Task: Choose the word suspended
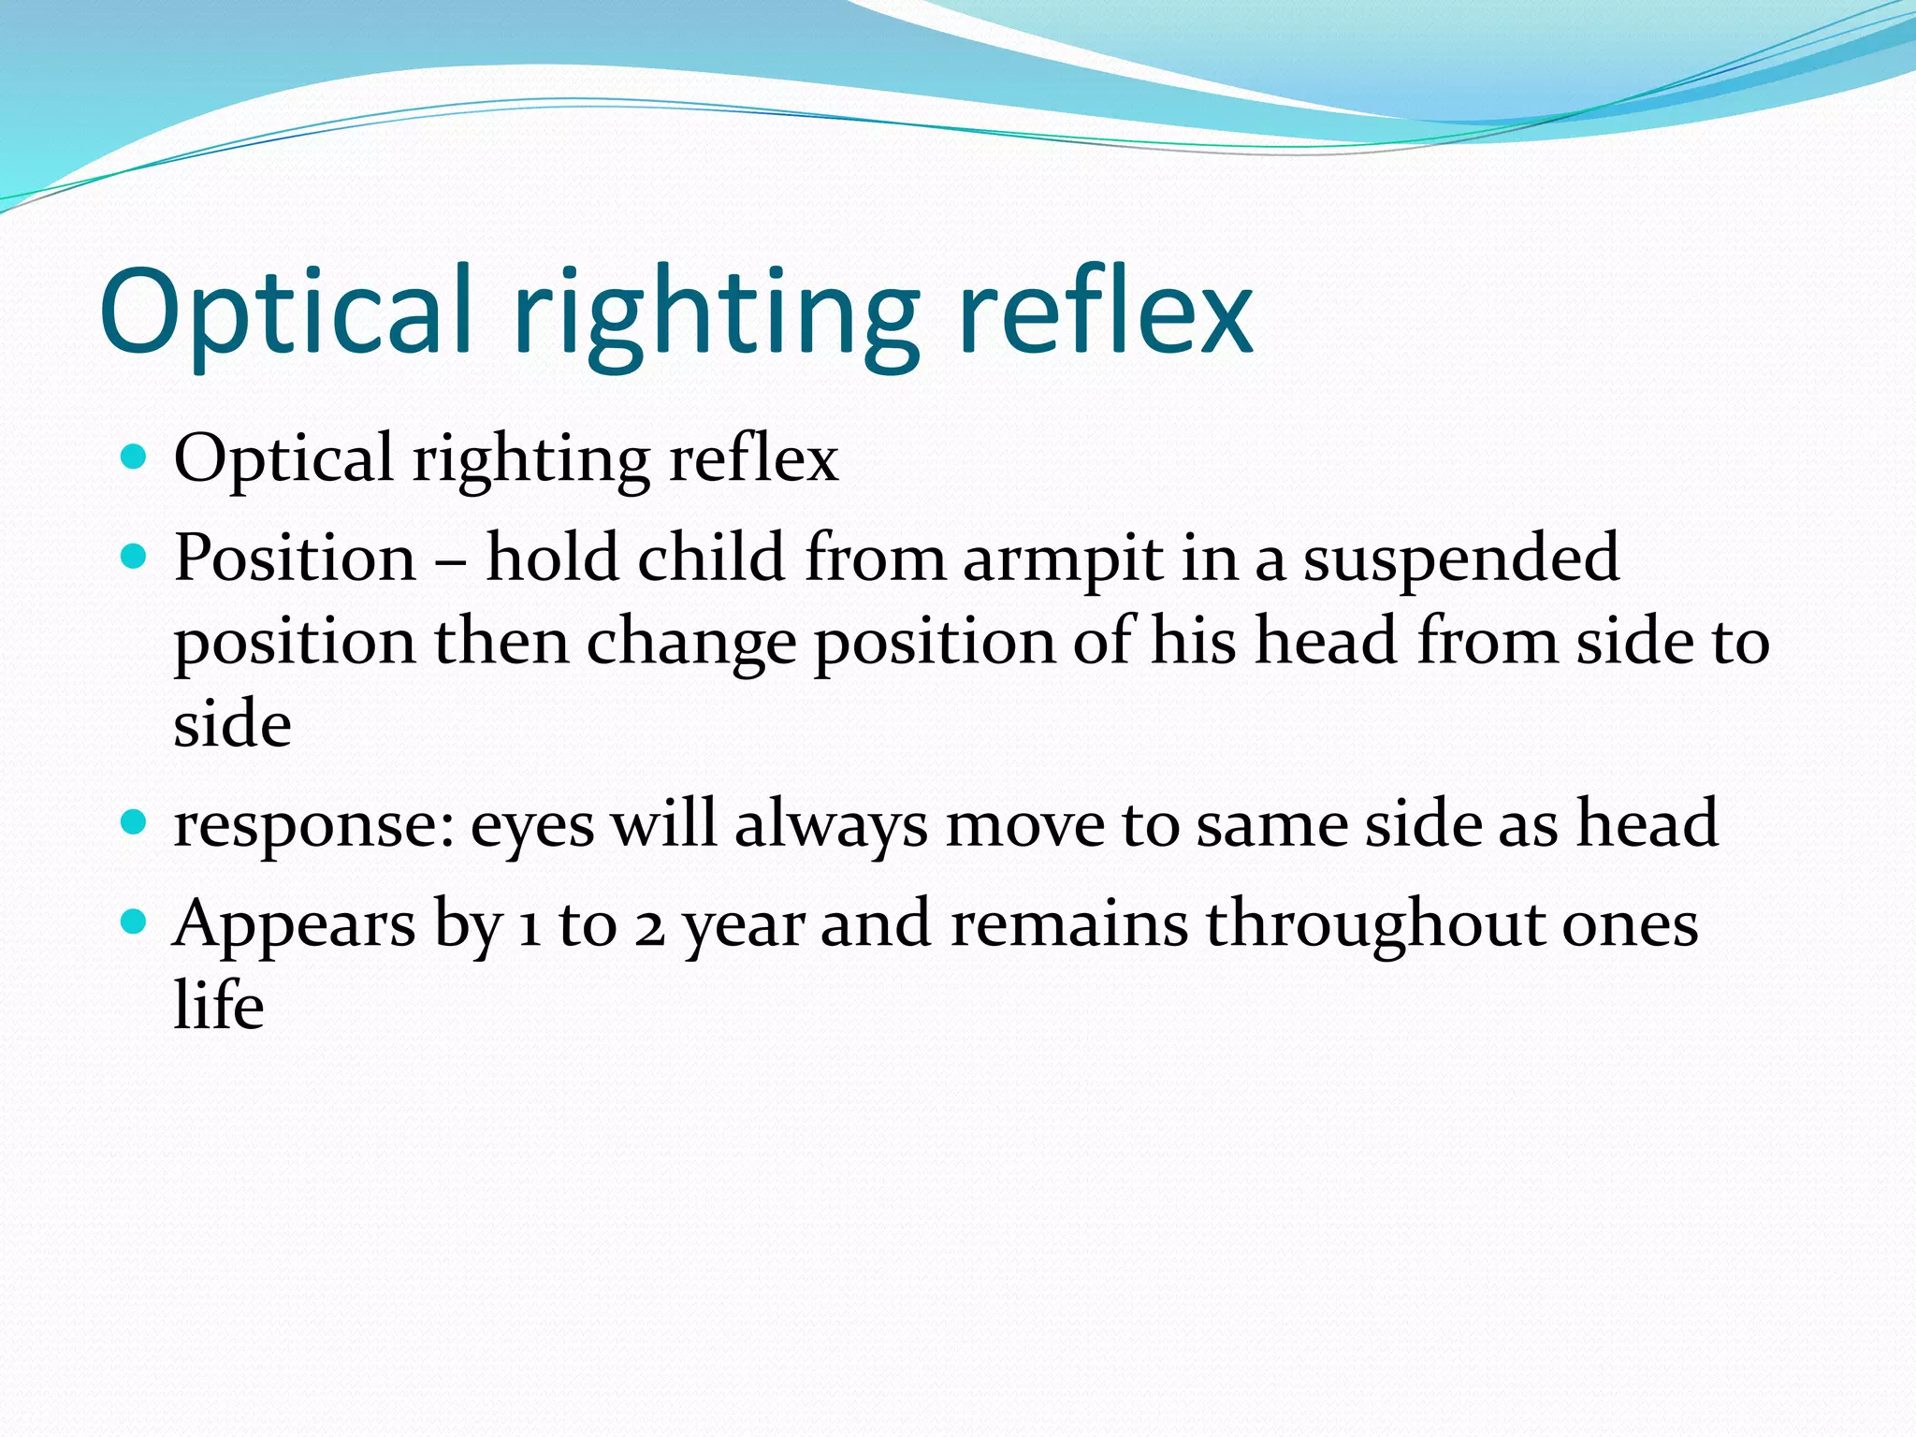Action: [1461, 559]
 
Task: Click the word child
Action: [710, 558]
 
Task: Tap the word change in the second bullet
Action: [690, 644]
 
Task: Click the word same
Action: [1271, 825]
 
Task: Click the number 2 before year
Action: [649, 926]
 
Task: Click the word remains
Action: [1069, 924]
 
